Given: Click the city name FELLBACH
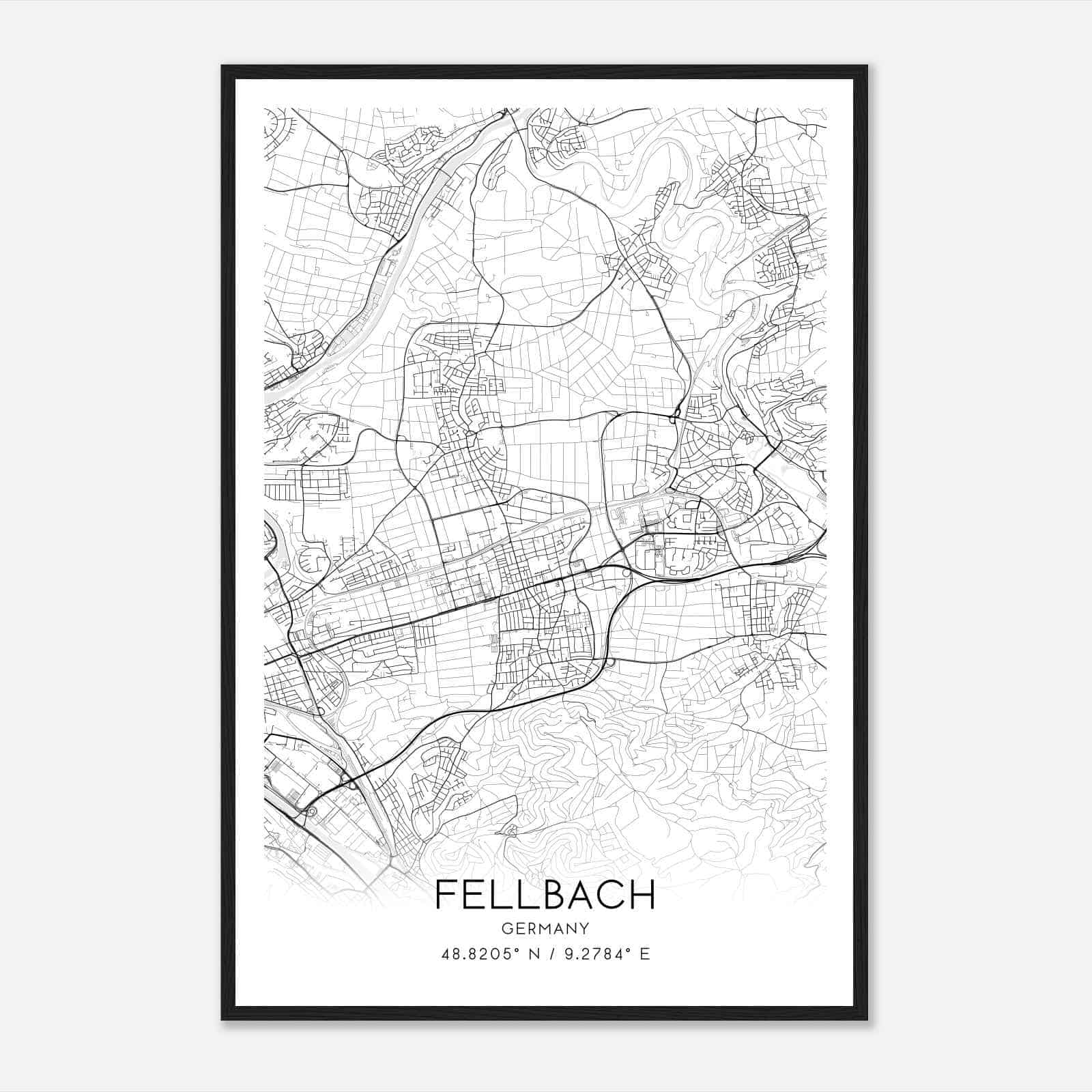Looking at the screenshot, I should [x=545, y=894].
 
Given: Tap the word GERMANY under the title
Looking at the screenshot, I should [x=545, y=929].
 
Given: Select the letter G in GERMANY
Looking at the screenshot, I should [x=506, y=929].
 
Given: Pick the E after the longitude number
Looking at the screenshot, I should [x=645, y=954].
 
